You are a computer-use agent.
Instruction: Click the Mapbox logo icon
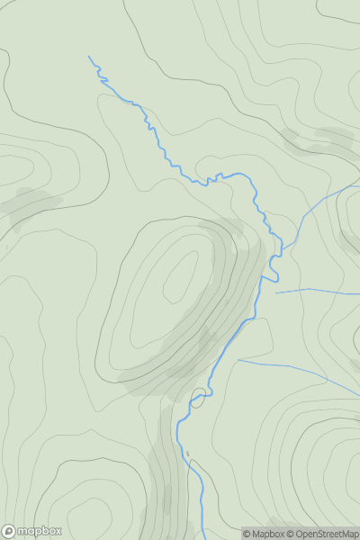pyautogui.click(x=9, y=531)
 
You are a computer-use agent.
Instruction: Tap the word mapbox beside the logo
pyautogui.click(x=38, y=531)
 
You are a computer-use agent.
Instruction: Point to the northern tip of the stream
pyautogui.click(x=89, y=57)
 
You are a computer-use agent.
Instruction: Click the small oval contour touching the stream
pyautogui.click(x=198, y=396)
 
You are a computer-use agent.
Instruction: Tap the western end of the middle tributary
pyautogui.click(x=275, y=292)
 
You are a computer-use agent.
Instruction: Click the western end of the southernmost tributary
pyautogui.click(x=238, y=360)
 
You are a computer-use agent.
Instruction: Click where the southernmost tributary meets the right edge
pyautogui.click(x=358, y=392)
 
